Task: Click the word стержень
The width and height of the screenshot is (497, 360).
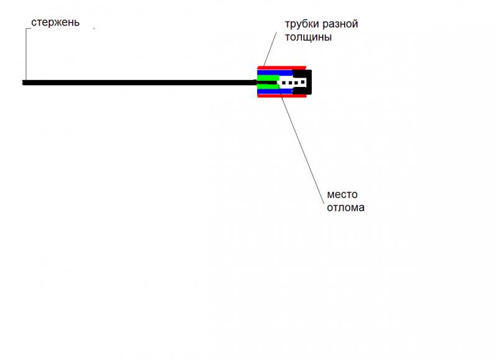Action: pos(55,23)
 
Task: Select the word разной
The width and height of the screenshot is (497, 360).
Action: pos(339,24)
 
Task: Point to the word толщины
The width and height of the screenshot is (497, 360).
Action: pos(308,37)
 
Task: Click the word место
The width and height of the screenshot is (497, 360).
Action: pos(342,194)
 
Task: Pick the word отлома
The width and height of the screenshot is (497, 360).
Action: pos(345,208)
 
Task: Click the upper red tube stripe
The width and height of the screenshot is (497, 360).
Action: pos(282,68)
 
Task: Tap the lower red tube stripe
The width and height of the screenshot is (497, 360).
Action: pos(282,96)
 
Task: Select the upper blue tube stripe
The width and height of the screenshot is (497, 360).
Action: pos(275,73)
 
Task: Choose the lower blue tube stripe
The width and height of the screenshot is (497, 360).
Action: pos(275,91)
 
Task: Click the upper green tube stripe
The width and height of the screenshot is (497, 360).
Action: pos(268,78)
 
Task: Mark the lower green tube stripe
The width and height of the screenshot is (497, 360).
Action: pos(267,86)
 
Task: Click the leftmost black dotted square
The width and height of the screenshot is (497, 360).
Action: pos(284,83)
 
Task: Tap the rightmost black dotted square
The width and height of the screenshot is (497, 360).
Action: pos(303,83)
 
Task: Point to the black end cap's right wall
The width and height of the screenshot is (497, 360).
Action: pos(309,82)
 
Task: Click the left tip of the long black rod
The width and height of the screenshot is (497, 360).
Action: pos(22,83)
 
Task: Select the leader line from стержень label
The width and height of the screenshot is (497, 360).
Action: pos(26,55)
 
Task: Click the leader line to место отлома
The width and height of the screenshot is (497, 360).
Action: pos(301,143)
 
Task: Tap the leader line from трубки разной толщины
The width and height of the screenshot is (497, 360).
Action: pos(270,49)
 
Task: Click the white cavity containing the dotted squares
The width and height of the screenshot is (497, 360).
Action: pos(292,83)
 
